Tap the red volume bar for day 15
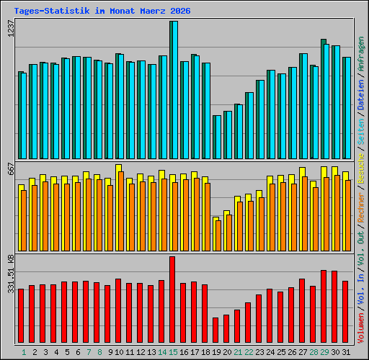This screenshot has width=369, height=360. (x=172, y=300)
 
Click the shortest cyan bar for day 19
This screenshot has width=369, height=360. (x=217, y=137)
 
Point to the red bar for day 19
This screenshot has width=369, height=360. (x=215, y=330)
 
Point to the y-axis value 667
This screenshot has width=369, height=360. (x=10, y=170)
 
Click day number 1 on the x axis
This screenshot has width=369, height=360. (x=24, y=352)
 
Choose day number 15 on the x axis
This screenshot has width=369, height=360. (x=173, y=352)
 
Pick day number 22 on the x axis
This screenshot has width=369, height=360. (x=249, y=352)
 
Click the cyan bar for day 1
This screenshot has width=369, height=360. (x=22, y=115)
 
